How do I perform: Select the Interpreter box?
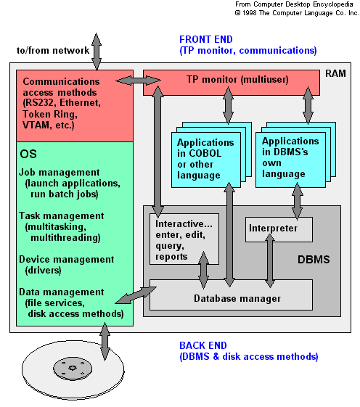(x=279, y=229)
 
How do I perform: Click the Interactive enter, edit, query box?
(x=183, y=239)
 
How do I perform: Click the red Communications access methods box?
(x=74, y=104)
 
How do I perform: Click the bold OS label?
(x=29, y=155)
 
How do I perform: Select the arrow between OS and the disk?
(x=104, y=341)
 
